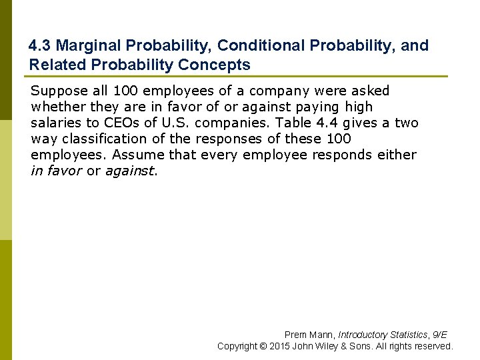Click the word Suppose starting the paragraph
tap(58, 91)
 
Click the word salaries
tap(57, 123)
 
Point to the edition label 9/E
tap(440, 335)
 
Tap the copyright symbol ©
tap(263, 346)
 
